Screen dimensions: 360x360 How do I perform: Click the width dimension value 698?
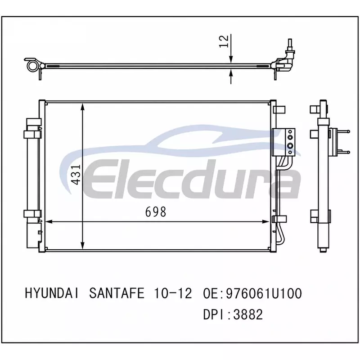point(155,211)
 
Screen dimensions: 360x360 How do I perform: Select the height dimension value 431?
point(76,175)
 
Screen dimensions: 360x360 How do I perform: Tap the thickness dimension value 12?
point(224,41)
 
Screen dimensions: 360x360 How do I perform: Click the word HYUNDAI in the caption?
point(52,293)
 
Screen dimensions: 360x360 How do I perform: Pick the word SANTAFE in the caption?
point(117,293)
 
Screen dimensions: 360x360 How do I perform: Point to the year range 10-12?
point(173,293)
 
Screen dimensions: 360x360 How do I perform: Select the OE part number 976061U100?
point(264,293)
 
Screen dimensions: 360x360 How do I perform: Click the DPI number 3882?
point(248,314)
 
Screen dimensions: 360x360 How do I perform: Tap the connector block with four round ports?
point(283,142)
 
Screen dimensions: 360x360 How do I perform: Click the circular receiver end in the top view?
point(31,66)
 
